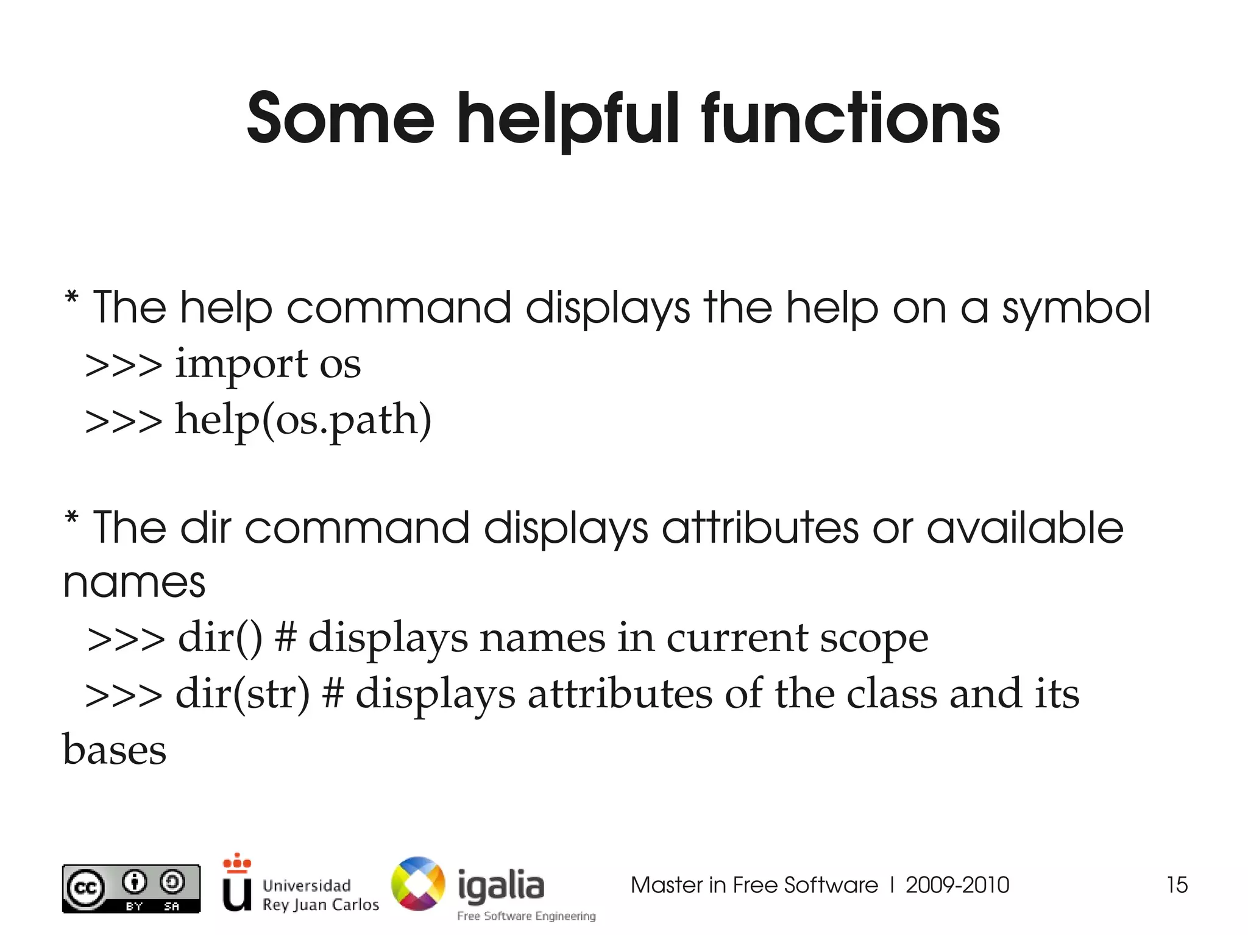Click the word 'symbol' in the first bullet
[1076, 308]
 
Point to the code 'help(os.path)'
[303, 420]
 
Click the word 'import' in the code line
[241, 364]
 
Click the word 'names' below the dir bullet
[134, 582]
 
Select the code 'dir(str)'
[243, 694]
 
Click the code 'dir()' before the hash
[220, 638]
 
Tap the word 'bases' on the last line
[115, 750]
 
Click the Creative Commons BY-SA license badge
[131, 889]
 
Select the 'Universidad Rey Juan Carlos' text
[321, 895]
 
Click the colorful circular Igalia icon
[418, 884]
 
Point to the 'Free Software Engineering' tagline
[526, 916]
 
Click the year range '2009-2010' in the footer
[957, 885]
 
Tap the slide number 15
[1177, 885]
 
